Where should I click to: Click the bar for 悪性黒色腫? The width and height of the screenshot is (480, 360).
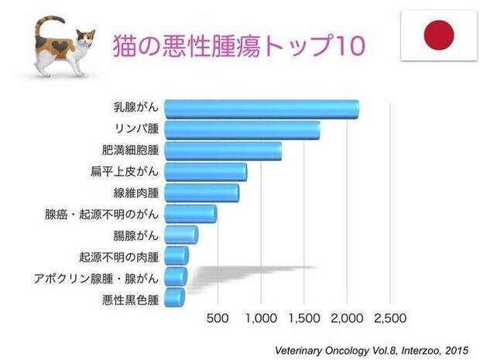[x=175, y=297]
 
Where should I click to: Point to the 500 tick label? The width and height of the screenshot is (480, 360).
[x=218, y=317]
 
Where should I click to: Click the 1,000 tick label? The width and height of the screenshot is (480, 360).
[x=260, y=317]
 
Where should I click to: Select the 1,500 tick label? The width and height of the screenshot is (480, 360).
[x=303, y=317]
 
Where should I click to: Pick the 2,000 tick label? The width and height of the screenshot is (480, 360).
[x=347, y=317]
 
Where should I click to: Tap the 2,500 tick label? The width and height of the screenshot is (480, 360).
[x=390, y=317]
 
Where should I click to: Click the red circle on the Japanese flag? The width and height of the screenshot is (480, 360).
[x=437, y=35]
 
